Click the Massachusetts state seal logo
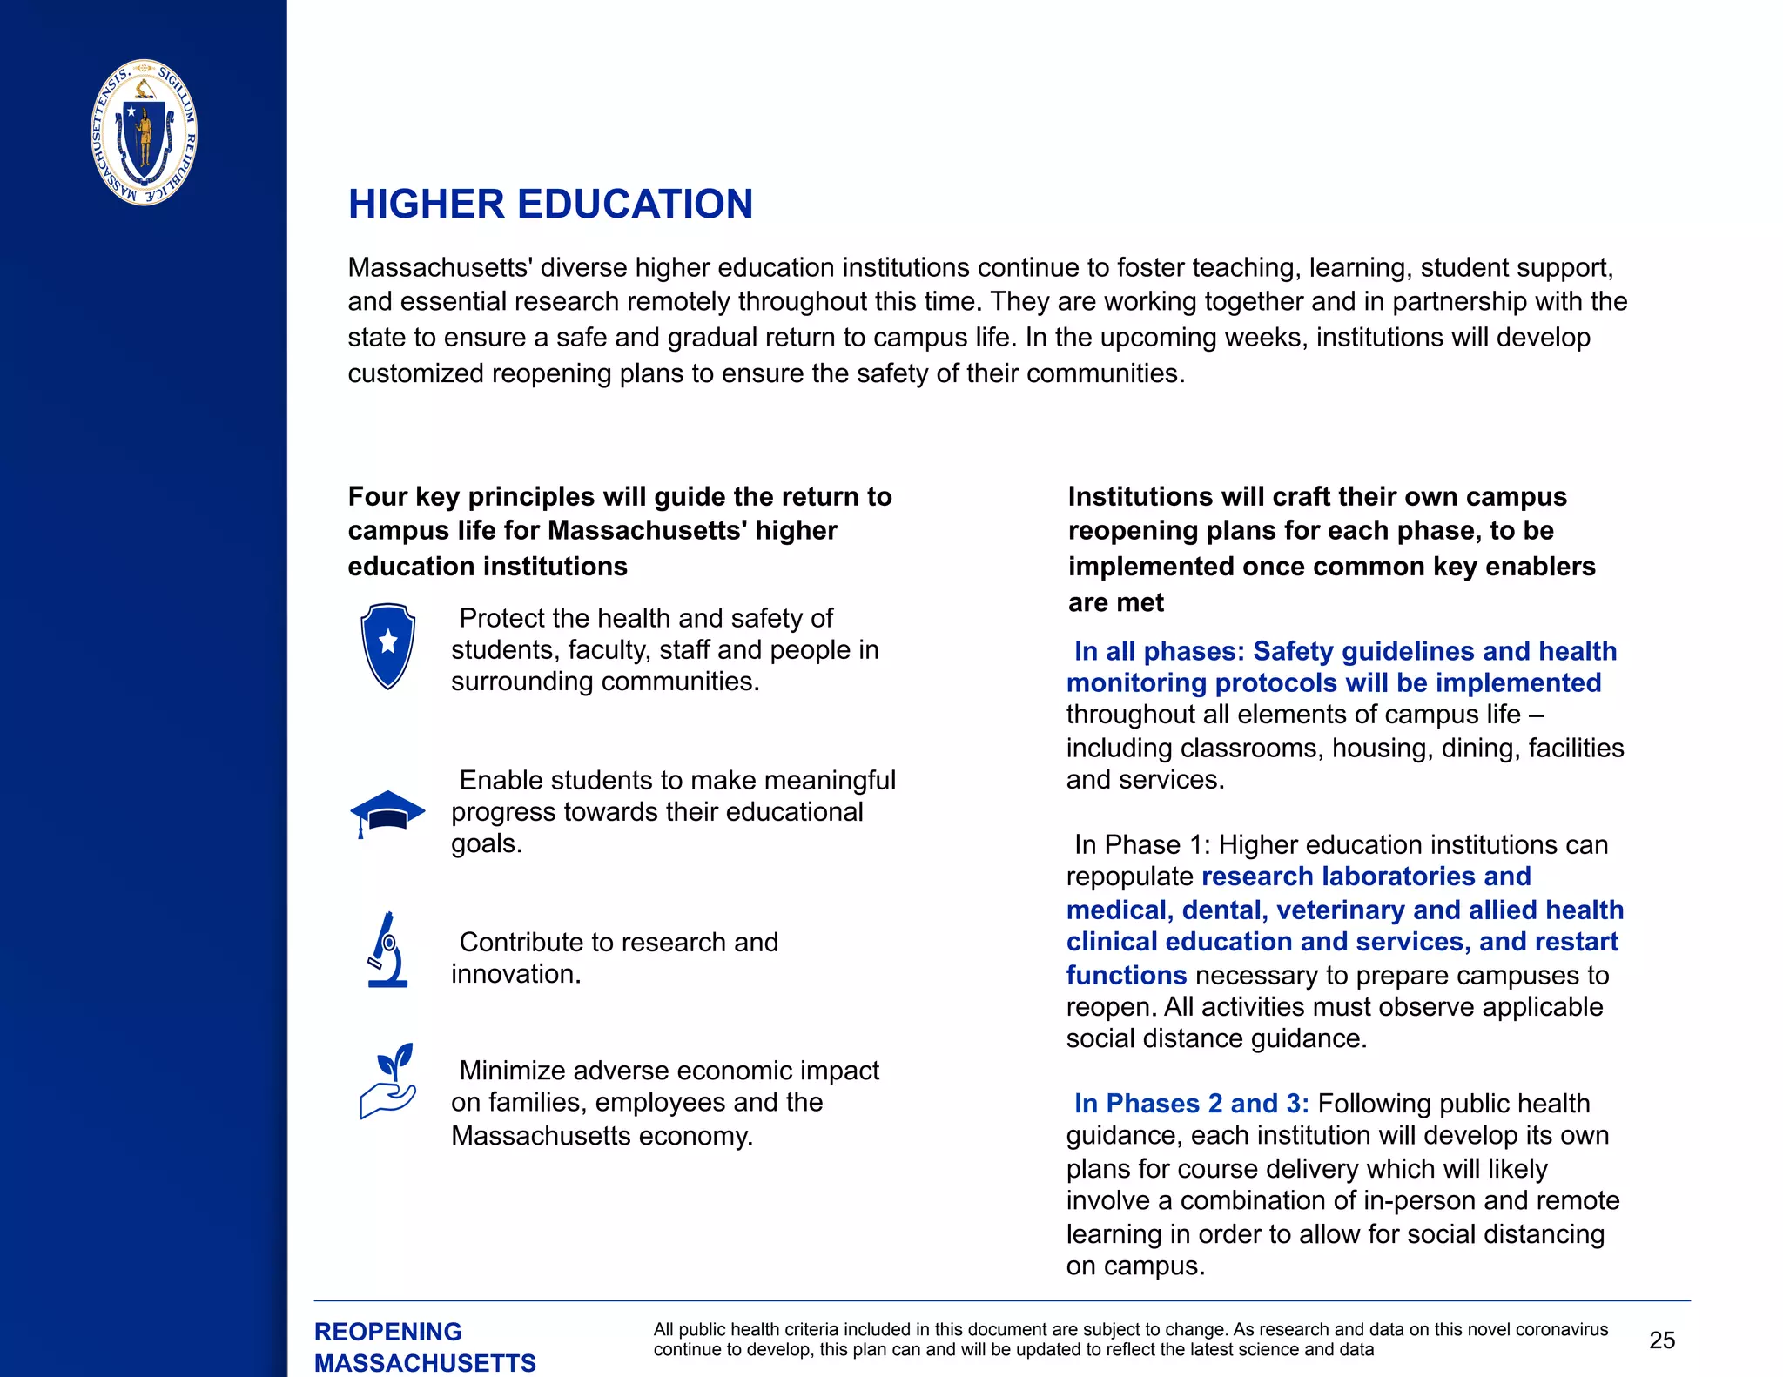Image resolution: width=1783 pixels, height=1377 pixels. (145, 132)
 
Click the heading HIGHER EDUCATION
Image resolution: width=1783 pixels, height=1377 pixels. (550, 205)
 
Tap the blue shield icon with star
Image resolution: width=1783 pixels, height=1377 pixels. (387, 646)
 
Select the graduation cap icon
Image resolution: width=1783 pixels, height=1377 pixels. (387, 812)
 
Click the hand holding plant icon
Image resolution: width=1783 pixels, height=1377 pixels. (388, 1081)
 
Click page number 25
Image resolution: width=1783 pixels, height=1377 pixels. (1661, 1340)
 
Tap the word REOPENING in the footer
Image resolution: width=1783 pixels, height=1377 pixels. (387, 1332)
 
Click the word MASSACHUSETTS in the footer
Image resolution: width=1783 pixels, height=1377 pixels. (425, 1363)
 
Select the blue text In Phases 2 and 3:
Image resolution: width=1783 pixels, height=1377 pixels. (1191, 1104)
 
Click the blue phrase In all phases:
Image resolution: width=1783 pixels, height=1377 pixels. (1159, 651)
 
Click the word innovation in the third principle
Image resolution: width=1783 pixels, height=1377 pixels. (515, 974)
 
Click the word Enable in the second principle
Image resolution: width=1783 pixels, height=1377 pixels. (497, 780)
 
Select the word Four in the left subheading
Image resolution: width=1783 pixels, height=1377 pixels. (377, 496)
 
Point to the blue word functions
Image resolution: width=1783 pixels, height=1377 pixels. (1126, 976)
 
